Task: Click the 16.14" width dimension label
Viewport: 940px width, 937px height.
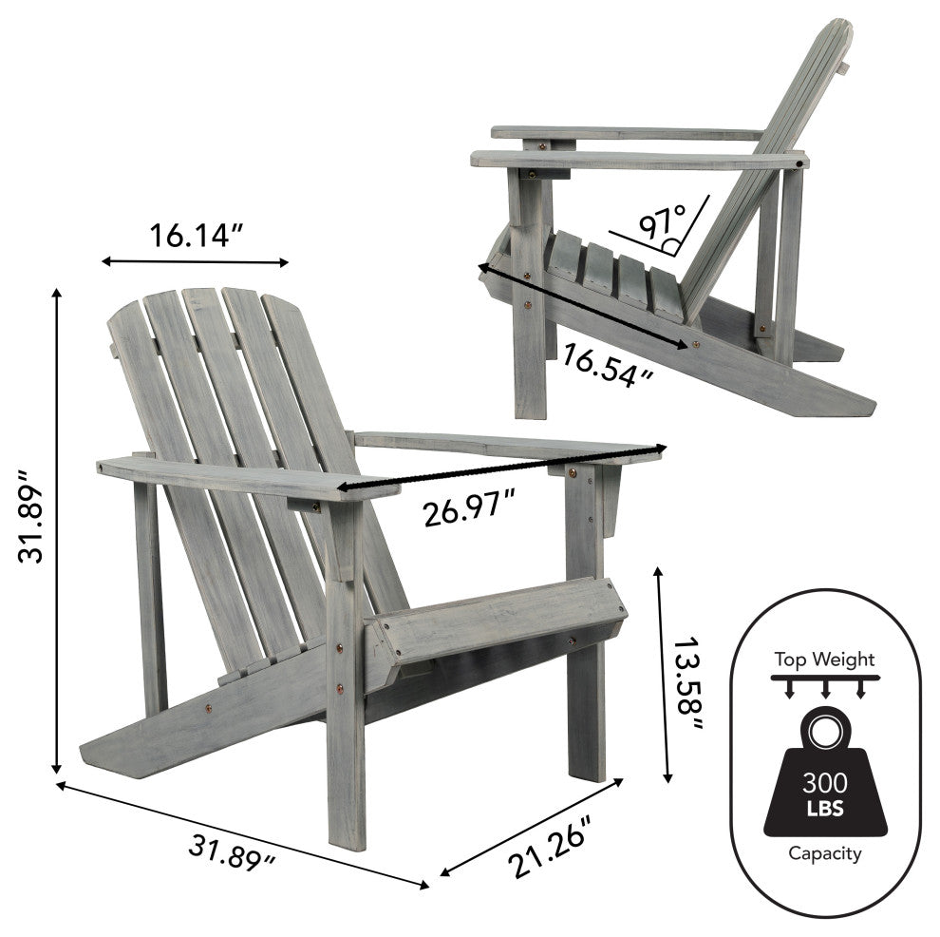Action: click(x=197, y=235)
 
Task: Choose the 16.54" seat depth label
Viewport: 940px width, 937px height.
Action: click(x=609, y=365)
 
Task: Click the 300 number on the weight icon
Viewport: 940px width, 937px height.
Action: click(x=824, y=784)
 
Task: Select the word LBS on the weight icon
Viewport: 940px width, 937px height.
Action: click(x=824, y=810)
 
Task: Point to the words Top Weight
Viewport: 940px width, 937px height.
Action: click(x=824, y=659)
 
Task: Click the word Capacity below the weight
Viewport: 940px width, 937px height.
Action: click(x=824, y=853)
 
